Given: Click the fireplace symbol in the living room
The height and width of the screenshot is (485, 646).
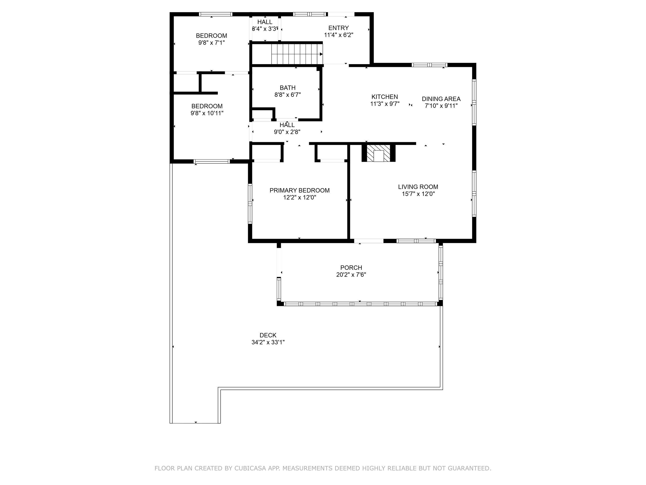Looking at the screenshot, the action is pos(379,153).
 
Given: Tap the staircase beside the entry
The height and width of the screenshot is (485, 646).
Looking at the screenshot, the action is pos(297,54).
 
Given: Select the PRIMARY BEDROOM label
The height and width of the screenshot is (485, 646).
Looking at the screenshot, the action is pos(300,190).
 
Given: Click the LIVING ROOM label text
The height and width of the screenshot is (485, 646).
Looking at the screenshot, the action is pos(418,187).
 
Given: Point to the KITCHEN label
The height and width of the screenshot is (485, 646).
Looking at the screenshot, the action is pos(385,97).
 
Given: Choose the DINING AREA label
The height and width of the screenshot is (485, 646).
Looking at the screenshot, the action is pos(441,99).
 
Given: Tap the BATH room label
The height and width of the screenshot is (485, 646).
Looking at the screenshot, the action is pos(288,88).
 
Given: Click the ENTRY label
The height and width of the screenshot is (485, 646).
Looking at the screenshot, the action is pos(338,28).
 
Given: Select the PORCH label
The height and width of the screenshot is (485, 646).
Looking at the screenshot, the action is pos(351,268).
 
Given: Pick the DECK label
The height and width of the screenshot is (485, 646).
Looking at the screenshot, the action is pos(268,335).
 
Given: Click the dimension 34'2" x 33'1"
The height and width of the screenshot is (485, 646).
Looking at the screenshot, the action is pos(268,342).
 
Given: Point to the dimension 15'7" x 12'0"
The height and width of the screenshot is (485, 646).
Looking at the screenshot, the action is pos(418,194).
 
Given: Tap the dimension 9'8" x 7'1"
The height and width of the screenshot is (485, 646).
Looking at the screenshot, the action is pos(211,43).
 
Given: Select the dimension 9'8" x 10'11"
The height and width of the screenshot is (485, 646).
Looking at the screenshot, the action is pos(207,113).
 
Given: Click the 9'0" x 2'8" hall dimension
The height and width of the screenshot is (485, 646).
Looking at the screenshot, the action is pos(287,132).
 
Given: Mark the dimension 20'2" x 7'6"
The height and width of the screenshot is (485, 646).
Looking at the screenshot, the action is pos(351,275).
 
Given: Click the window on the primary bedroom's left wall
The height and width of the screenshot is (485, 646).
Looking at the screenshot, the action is pos(250,204).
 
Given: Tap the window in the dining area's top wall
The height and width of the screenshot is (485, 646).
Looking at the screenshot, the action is pos(429,65).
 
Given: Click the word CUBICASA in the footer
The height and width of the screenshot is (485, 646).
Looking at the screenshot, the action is pos(250,468).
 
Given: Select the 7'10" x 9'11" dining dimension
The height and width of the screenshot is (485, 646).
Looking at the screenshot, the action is pos(441,106).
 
